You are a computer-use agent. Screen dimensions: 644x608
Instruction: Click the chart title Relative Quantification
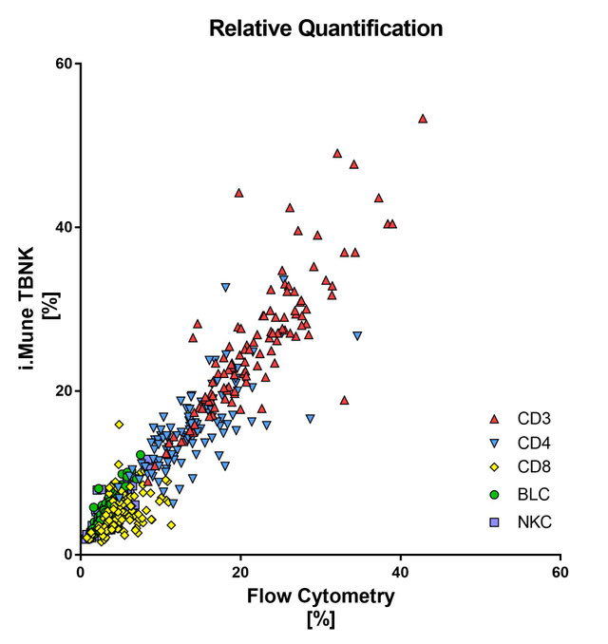pos(326,28)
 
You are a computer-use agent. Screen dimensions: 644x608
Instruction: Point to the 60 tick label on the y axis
pos(63,64)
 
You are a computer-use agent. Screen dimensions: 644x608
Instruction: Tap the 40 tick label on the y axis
pos(63,227)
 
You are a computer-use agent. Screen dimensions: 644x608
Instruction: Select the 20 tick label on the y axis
pos(63,390)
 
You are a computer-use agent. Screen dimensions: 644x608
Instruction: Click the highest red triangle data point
pos(423,119)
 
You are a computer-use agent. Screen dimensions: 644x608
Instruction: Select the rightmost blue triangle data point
pos(357,336)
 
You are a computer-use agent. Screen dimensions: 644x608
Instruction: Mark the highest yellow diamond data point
pos(119,425)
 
